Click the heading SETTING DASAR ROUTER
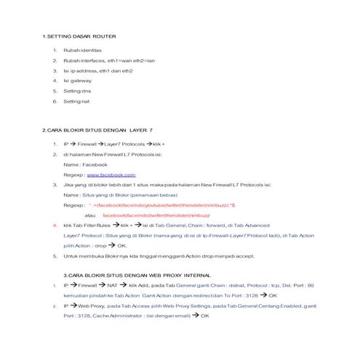[79, 36]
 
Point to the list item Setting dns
[76, 91]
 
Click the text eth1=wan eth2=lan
[131, 60]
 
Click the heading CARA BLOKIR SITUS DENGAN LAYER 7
[97, 129]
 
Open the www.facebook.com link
[111, 175]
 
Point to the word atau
[90, 216]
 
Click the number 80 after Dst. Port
[311, 286]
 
